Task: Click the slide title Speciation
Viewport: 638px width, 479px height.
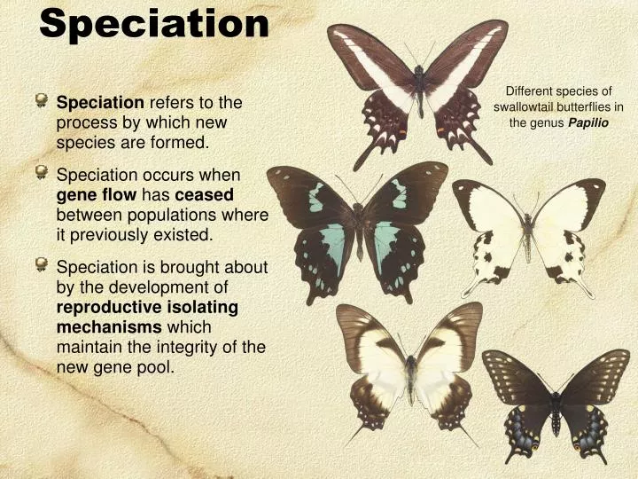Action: (154, 24)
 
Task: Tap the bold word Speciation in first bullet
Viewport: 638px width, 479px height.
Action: (100, 103)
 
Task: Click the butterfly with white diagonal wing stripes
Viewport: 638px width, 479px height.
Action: (417, 89)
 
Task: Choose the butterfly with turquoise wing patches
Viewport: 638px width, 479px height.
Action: (357, 226)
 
